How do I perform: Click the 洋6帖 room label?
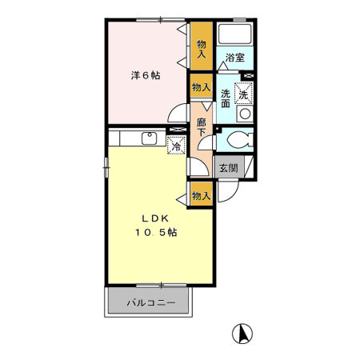click(x=146, y=76)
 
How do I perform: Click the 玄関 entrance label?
click(x=228, y=168)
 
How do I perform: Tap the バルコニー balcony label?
click(x=152, y=304)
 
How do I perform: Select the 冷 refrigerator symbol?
click(x=176, y=146)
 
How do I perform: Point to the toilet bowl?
click(x=237, y=141)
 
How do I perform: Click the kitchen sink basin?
click(x=148, y=138)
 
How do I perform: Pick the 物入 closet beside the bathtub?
click(x=202, y=44)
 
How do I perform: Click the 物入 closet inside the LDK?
click(x=202, y=195)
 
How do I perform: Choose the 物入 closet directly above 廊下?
click(x=201, y=86)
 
